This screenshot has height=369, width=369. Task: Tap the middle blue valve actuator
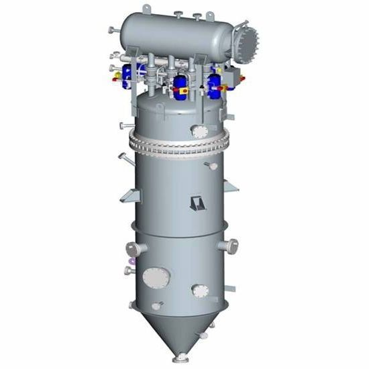tap(180, 83)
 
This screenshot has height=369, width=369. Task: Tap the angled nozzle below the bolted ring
tap(124, 158)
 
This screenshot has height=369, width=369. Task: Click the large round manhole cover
tap(154, 277)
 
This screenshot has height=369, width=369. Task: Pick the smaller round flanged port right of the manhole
tap(200, 291)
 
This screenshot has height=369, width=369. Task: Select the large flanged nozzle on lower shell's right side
tap(231, 246)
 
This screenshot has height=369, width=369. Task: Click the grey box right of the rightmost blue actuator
tap(230, 76)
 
